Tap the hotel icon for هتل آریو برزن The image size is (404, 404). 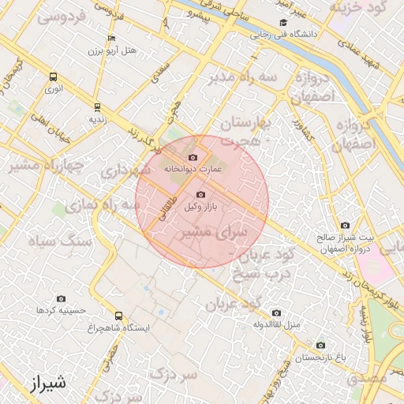point(111,39)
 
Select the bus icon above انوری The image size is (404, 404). point(54,77)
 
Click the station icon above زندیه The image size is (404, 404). point(97,107)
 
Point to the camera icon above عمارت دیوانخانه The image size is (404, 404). point(193,157)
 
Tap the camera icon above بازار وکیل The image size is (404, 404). point(200,194)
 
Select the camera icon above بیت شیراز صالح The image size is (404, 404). point(344,226)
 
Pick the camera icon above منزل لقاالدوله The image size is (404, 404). point(275,312)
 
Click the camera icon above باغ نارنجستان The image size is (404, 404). point(320,346)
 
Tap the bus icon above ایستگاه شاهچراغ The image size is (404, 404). point(118,316)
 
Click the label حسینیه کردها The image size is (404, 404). point(55,310)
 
